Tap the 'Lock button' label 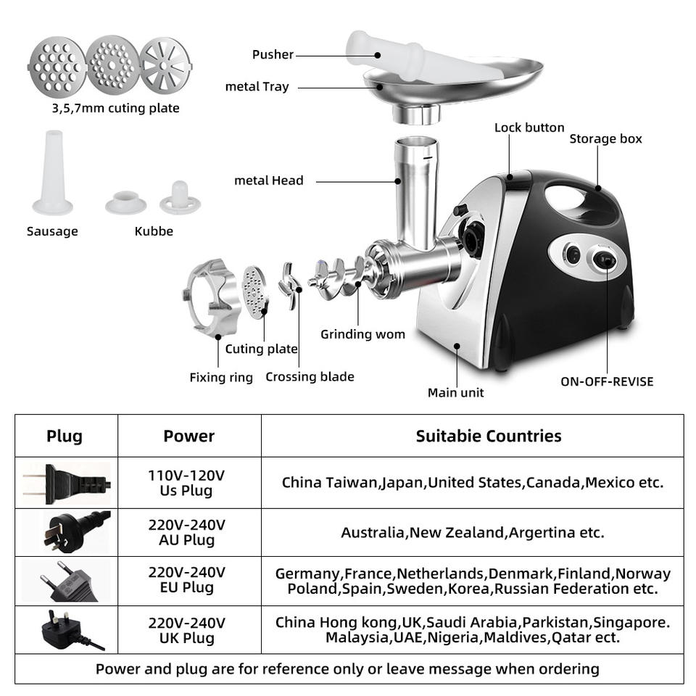point(529,128)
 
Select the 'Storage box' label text point(605,138)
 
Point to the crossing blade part point(291,287)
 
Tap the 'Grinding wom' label point(362,334)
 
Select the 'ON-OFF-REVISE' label point(606,381)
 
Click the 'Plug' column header point(65,436)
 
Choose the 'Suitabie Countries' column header point(488,436)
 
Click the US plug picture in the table point(66,482)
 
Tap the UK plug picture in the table point(66,630)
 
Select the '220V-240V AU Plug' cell point(187,532)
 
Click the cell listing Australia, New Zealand point(472,533)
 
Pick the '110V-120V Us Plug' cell point(187,483)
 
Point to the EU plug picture point(66,581)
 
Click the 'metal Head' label point(269,181)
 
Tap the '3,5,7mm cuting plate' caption point(115,108)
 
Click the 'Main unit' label point(455,392)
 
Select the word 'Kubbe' point(154,231)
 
